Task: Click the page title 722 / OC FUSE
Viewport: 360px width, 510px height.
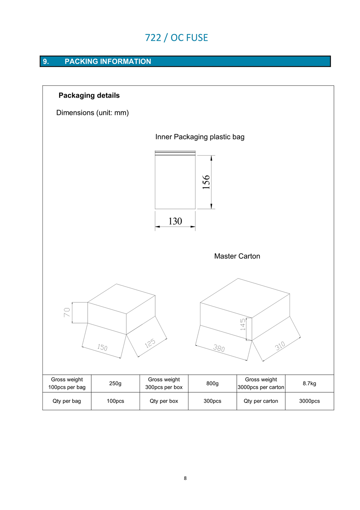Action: (x=176, y=38)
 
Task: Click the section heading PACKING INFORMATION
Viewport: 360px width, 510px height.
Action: (x=108, y=62)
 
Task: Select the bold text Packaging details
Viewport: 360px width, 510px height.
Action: (x=89, y=95)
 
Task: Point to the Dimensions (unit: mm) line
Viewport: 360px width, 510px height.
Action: (x=92, y=113)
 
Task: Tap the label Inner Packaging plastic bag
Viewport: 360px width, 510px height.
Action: (x=200, y=137)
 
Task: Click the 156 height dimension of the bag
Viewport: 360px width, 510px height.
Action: (x=206, y=182)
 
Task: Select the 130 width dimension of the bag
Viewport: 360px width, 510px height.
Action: (x=175, y=221)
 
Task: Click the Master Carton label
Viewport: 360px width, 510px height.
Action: (x=237, y=256)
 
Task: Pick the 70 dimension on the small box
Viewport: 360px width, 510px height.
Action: (x=67, y=312)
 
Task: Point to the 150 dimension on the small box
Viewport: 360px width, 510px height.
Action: (x=102, y=347)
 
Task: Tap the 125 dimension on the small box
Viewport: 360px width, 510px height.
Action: (x=150, y=343)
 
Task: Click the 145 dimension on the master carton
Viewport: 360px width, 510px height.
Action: (x=243, y=324)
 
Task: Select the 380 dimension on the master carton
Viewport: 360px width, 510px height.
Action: (x=219, y=348)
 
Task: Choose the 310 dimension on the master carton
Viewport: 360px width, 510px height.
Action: (x=280, y=346)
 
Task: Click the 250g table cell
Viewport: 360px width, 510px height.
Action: (x=115, y=384)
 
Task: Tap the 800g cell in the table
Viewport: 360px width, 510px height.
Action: (x=212, y=384)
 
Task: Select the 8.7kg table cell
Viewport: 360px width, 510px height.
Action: (x=310, y=384)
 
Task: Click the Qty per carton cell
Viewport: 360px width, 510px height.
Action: (x=261, y=401)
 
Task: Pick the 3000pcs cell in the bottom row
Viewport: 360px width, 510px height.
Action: (x=310, y=401)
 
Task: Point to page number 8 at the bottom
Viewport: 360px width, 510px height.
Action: (x=185, y=478)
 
